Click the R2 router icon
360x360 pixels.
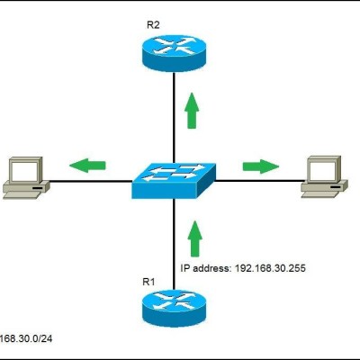click(x=174, y=53)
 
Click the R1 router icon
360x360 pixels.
click(x=174, y=309)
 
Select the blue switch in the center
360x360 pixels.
click(x=174, y=181)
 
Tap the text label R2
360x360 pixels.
click(x=153, y=25)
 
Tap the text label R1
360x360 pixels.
click(x=148, y=282)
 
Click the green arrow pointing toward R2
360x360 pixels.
click(x=192, y=111)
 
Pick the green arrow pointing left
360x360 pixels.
click(x=87, y=165)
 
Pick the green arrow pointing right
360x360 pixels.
click(x=261, y=166)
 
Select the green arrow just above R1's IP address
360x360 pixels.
click(x=195, y=238)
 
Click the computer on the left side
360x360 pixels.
click(x=26, y=178)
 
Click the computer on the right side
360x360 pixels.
click(x=324, y=176)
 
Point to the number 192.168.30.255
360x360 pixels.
click(x=270, y=268)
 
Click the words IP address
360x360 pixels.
click(x=205, y=268)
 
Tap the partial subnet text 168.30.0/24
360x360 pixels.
click(x=26, y=338)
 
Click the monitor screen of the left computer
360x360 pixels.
click(x=23, y=170)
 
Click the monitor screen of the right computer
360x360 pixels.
click(x=322, y=169)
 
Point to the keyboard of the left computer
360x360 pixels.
click(x=22, y=195)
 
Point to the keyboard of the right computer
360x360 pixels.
click(x=320, y=194)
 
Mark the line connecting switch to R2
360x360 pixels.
click(x=174, y=118)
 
